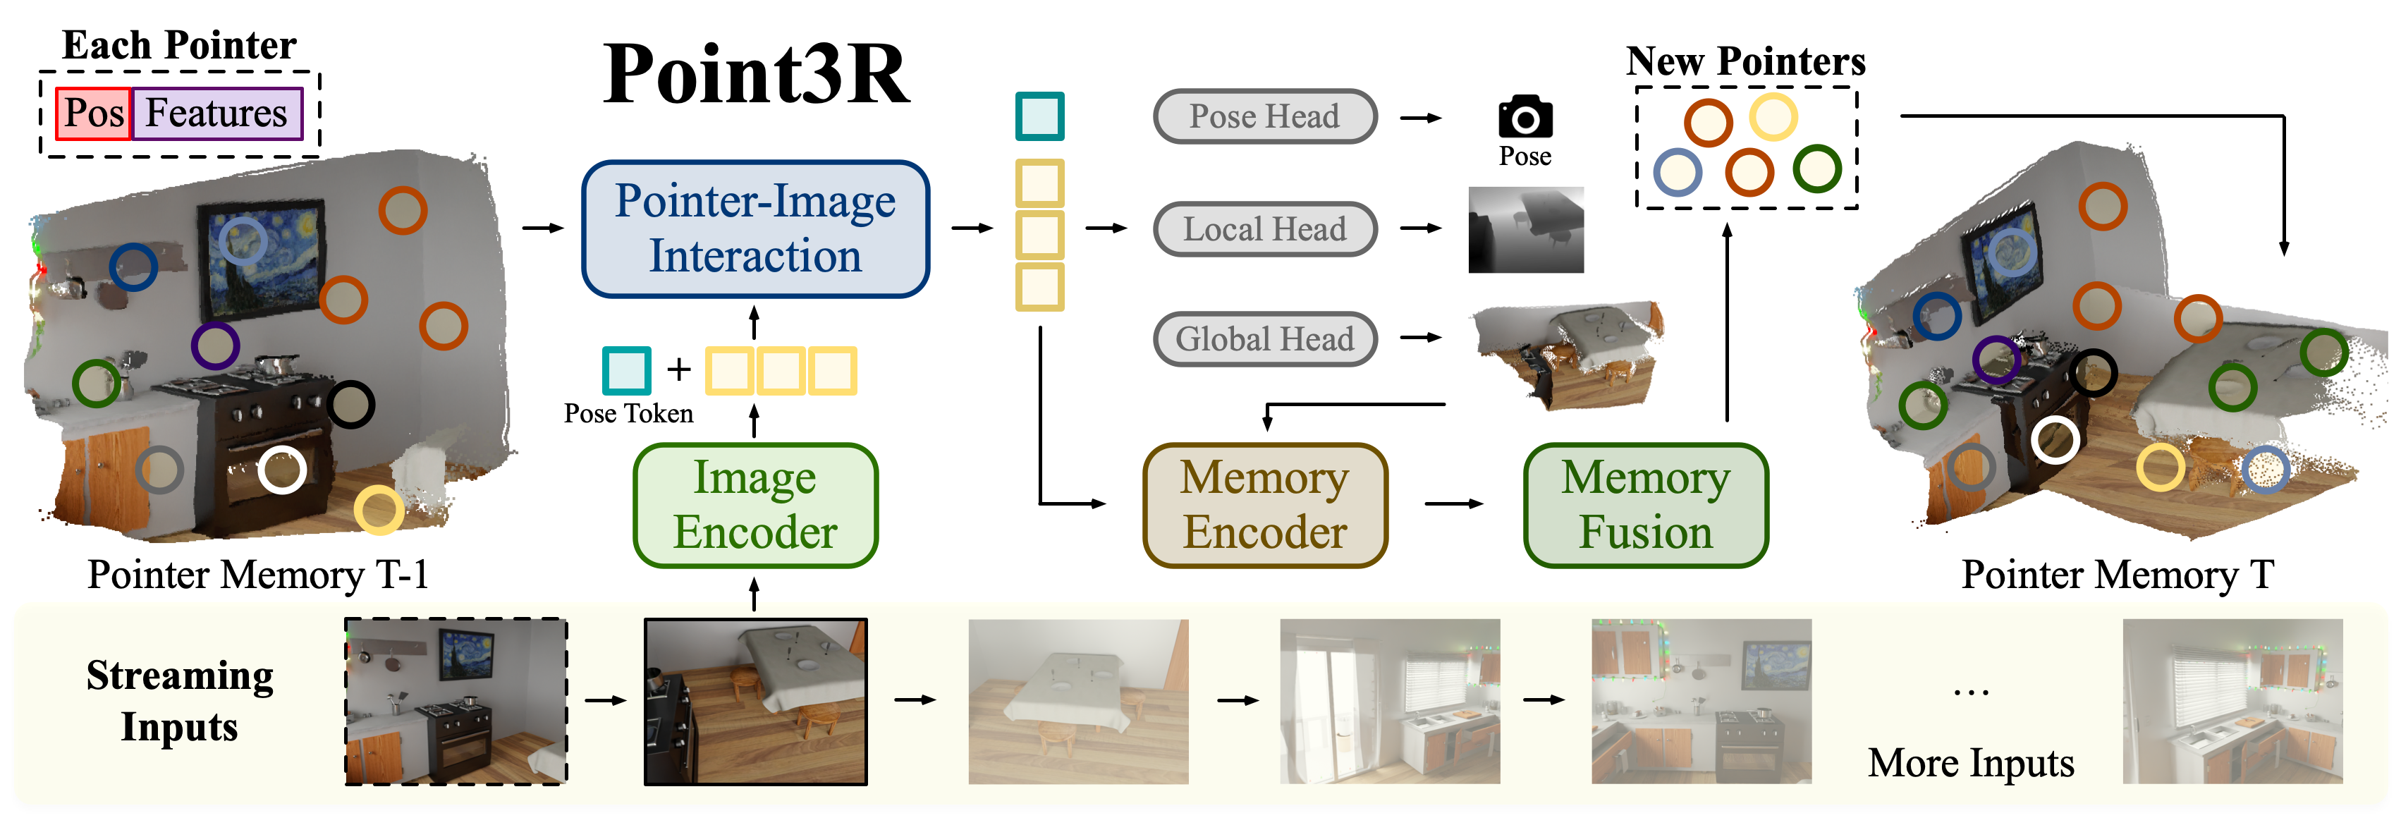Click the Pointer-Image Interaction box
point(755,229)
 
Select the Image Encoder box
point(755,506)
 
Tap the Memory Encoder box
point(1265,506)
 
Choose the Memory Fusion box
point(1646,506)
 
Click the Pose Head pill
point(1265,116)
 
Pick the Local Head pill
point(1265,229)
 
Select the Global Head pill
point(1265,338)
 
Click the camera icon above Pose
point(1525,116)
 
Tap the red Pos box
point(93,114)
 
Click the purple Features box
point(217,114)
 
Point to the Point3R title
point(756,75)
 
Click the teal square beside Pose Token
point(626,370)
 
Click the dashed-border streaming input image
point(456,701)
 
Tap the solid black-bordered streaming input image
point(756,701)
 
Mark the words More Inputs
point(1970,762)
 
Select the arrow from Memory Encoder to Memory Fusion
point(1454,504)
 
